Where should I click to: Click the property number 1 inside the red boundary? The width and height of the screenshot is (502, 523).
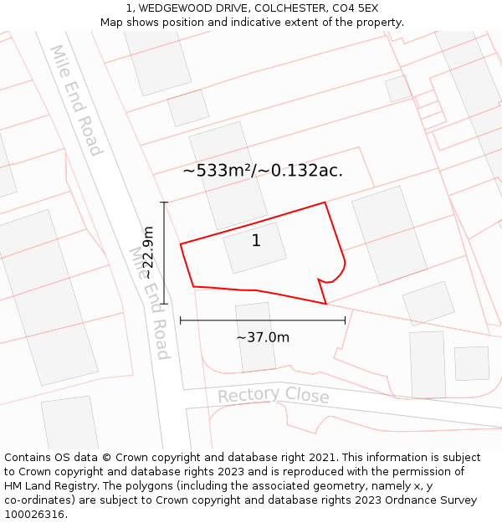(x=256, y=241)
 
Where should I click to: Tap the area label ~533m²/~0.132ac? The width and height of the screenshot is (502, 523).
(x=263, y=171)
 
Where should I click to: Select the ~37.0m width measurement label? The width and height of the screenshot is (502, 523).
(x=263, y=337)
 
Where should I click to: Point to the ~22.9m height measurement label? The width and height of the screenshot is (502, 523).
(x=147, y=253)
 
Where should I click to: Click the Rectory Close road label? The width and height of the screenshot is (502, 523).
(x=274, y=395)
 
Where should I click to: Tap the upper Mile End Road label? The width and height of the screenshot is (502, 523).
(x=76, y=100)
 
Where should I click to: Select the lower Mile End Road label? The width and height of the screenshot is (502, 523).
(x=150, y=301)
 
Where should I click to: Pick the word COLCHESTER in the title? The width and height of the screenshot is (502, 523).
(x=283, y=8)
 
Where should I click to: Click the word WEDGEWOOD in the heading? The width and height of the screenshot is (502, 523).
(x=169, y=8)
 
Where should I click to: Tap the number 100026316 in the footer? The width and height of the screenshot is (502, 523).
(x=36, y=514)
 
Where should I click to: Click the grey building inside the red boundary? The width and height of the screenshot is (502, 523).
(x=254, y=248)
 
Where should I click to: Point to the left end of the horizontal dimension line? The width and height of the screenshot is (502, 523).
(x=181, y=320)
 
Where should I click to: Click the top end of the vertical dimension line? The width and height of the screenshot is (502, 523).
(x=164, y=203)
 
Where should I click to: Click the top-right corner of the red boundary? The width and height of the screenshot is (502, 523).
(x=325, y=203)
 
